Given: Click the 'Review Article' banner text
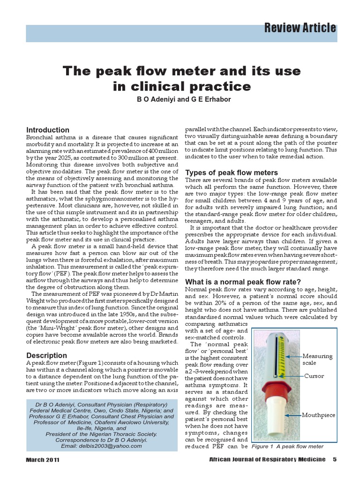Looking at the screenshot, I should pyautogui.click(x=300, y=28).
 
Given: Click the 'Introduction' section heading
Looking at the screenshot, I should pyautogui.click(x=48, y=130).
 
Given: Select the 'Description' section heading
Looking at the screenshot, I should pyautogui.click(x=46, y=355).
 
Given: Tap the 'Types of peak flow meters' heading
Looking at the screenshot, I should pyautogui.click(x=232, y=172).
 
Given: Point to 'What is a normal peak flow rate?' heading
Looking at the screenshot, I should pyautogui.click(x=243, y=282).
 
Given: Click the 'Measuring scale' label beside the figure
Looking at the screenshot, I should pyautogui.click(x=317, y=360).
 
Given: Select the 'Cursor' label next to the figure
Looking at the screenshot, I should pyautogui.click(x=314, y=376).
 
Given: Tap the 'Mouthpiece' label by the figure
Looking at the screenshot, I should pyautogui.click(x=318, y=415).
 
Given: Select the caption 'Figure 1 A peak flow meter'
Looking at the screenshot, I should pyautogui.click(x=287, y=446).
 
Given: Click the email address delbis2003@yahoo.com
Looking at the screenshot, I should pyautogui.click(x=102, y=446).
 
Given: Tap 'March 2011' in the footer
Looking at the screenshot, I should pyautogui.click(x=43, y=460).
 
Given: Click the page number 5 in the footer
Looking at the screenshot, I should pyautogui.click(x=335, y=459).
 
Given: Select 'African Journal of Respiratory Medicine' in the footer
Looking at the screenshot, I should pyautogui.click(x=267, y=459).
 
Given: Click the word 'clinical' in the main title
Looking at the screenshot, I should pyautogui.click(x=155, y=87).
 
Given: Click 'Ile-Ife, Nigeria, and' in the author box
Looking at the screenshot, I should pyautogui.click(x=102, y=428).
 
